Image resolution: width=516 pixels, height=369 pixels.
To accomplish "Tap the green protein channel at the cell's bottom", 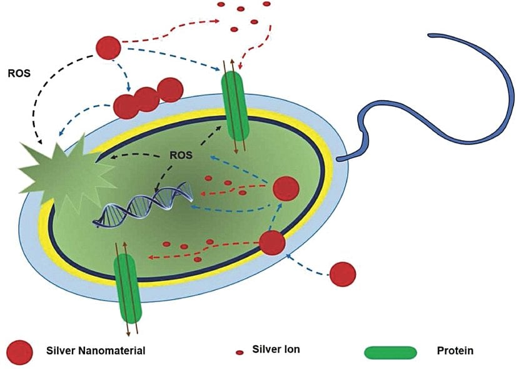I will (128, 280).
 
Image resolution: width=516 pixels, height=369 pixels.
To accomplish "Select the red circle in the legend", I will (21, 351).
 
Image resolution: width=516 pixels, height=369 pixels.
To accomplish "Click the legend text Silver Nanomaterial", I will (97, 350).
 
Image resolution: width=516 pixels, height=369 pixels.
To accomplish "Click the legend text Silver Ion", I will (276, 349).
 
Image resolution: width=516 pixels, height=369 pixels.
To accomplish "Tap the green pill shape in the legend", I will (390, 351).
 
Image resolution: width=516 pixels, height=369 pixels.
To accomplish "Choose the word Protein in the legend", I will (455, 350).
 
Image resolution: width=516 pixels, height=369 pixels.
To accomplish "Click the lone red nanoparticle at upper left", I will (108, 47).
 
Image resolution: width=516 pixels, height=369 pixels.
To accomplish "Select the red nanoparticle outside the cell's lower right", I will (342, 273).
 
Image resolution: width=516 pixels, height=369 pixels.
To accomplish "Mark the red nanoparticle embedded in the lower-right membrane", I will (272, 243).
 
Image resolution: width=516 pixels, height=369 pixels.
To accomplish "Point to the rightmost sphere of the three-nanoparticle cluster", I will (169, 90).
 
